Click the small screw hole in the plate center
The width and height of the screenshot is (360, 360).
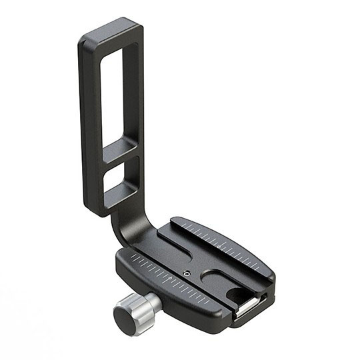pyautogui.click(x=187, y=273)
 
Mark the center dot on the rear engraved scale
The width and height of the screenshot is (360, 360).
pyautogui.click(x=221, y=245)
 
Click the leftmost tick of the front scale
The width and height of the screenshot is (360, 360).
pyautogui.click(x=134, y=257)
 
